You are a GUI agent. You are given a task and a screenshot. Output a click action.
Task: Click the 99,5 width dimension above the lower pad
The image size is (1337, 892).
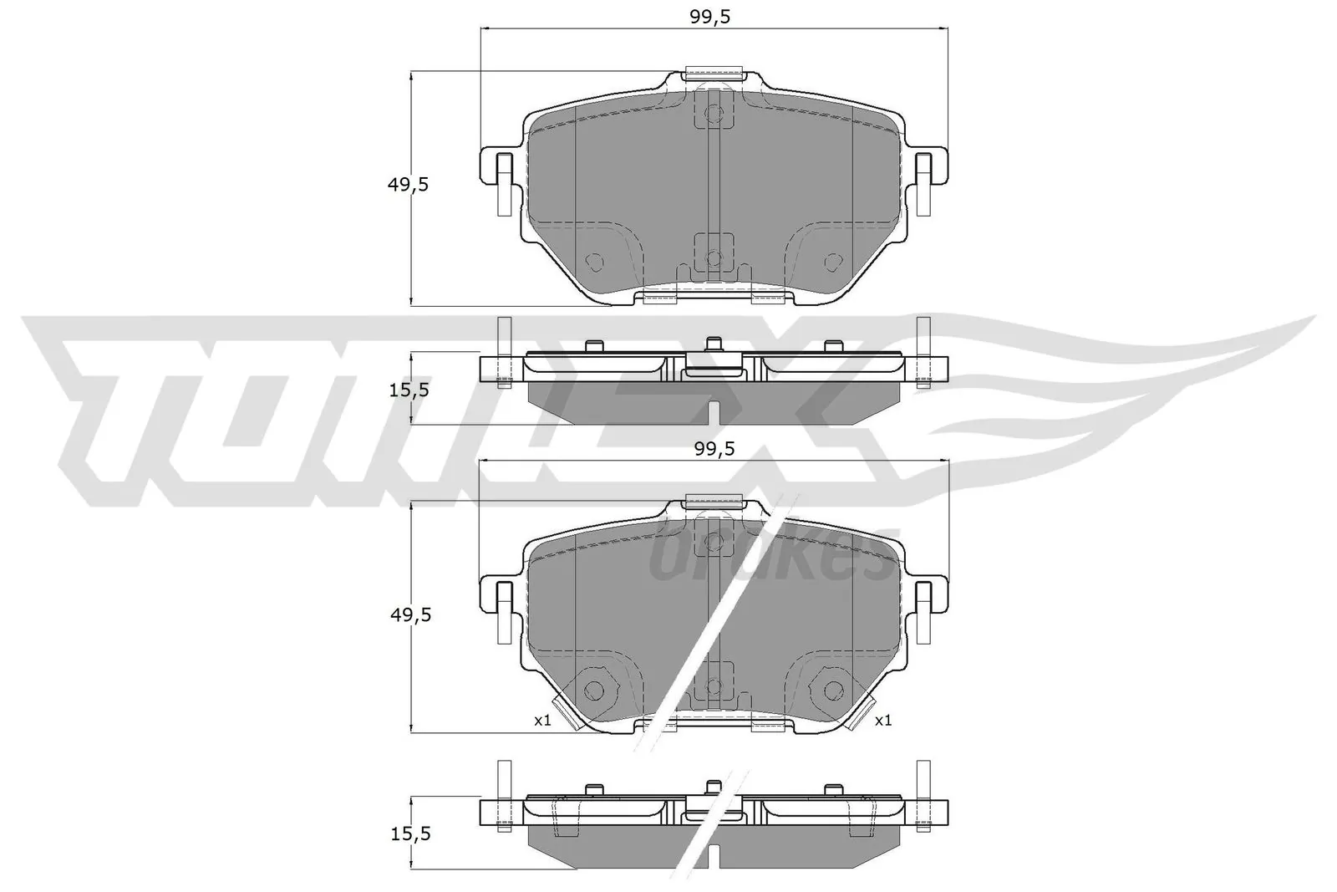pos(714,449)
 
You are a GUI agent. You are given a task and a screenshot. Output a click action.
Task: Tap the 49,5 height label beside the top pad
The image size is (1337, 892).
pos(408,185)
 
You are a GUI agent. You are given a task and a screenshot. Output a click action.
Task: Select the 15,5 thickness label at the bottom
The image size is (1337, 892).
pos(410,833)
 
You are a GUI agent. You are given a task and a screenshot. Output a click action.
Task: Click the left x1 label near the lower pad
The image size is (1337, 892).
pos(543,720)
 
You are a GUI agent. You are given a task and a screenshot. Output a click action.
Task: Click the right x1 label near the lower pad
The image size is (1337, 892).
pos(883,720)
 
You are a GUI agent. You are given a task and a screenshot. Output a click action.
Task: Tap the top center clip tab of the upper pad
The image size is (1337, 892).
pos(713,74)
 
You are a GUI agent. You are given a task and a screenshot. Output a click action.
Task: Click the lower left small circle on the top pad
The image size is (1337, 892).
pos(594,262)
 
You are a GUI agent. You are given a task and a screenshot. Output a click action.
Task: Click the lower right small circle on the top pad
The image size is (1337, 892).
pos(831,262)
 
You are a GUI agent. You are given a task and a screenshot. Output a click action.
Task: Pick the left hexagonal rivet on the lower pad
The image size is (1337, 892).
pos(594,690)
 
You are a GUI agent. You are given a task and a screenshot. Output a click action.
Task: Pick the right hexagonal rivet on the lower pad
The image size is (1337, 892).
pos(832,690)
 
